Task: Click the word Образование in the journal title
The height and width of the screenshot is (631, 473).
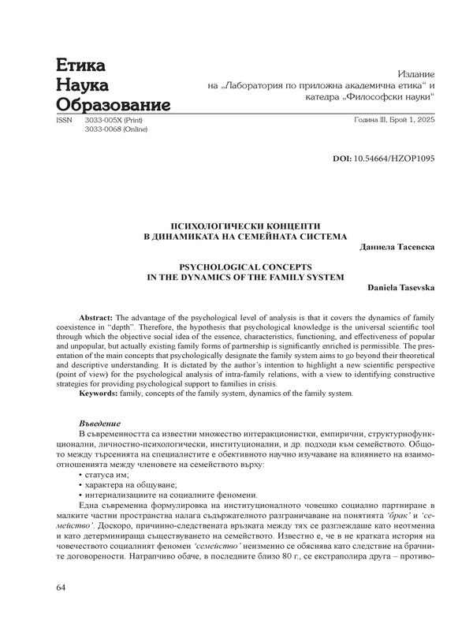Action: pyautogui.click(x=113, y=104)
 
